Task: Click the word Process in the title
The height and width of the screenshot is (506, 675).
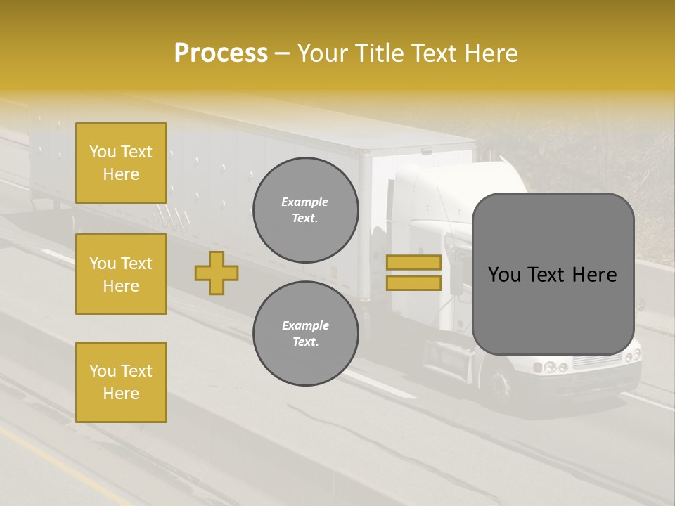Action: pyautogui.click(x=221, y=53)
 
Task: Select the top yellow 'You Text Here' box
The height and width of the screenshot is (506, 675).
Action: pyautogui.click(x=121, y=163)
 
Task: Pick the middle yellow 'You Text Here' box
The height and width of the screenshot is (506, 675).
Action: pyautogui.click(x=121, y=274)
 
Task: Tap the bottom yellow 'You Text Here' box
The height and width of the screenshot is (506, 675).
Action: pyautogui.click(x=121, y=382)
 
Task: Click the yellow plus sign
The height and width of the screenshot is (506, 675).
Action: pyautogui.click(x=217, y=273)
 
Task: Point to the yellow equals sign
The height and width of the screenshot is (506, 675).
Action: pyautogui.click(x=413, y=273)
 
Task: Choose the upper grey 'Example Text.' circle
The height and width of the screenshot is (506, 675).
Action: pyautogui.click(x=305, y=210)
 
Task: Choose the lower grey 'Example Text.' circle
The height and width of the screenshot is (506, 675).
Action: pyautogui.click(x=305, y=334)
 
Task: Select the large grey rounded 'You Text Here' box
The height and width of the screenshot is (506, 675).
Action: pyautogui.click(x=553, y=274)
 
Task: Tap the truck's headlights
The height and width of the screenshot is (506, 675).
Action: pyautogui.click(x=552, y=367)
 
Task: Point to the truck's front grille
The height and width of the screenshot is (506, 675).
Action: pyautogui.click(x=598, y=361)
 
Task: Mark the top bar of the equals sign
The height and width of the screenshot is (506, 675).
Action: pyautogui.click(x=413, y=263)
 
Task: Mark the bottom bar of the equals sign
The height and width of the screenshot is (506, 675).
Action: pyautogui.click(x=413, y=283)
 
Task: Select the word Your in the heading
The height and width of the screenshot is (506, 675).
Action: pyautogui.click(x=322, y=53)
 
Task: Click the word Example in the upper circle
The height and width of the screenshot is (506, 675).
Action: pyautogui.click(x=305, y=202)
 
